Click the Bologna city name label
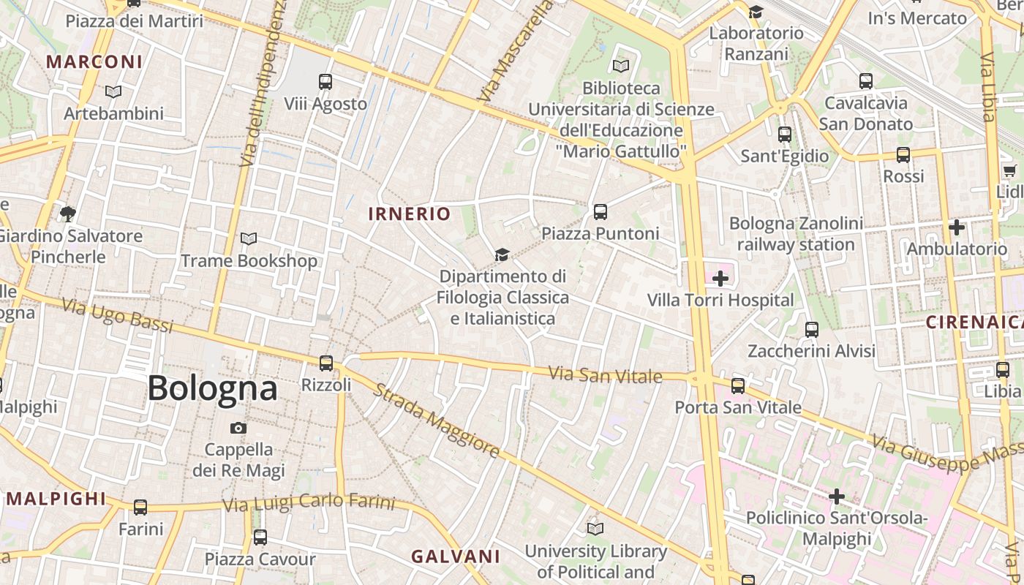click(212, 388)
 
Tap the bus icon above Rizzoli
click(326, 363)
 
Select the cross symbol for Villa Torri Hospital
click(720, 278)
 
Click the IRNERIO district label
click(410, 214)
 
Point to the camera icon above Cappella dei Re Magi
click(238, 428)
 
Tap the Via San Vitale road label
click(605, 376)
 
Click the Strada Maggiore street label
click(437, 420)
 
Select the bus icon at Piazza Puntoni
click(601, 212)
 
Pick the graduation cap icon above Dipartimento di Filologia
click(502, 254)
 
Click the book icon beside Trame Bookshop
click(249, 239)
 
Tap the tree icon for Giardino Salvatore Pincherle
click(68, 214)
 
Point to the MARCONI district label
click(94, 61)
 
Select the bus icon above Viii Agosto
click(325, 82)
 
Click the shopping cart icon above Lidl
click(1009, 170)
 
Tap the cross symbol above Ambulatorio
click(956, 227)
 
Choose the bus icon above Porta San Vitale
click(738, 385)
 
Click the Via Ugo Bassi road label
click(117, 316)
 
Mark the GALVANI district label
click(455, 556)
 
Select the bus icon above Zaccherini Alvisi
click(811, 330)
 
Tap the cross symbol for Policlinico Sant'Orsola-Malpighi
click(836, 497)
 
